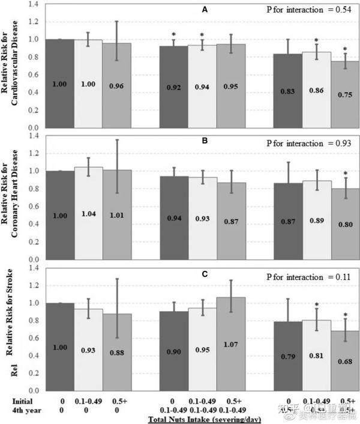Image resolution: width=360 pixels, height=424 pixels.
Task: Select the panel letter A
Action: click(x=205, y=10)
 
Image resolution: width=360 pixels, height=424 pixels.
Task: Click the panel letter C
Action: click(x=205, y=274)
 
